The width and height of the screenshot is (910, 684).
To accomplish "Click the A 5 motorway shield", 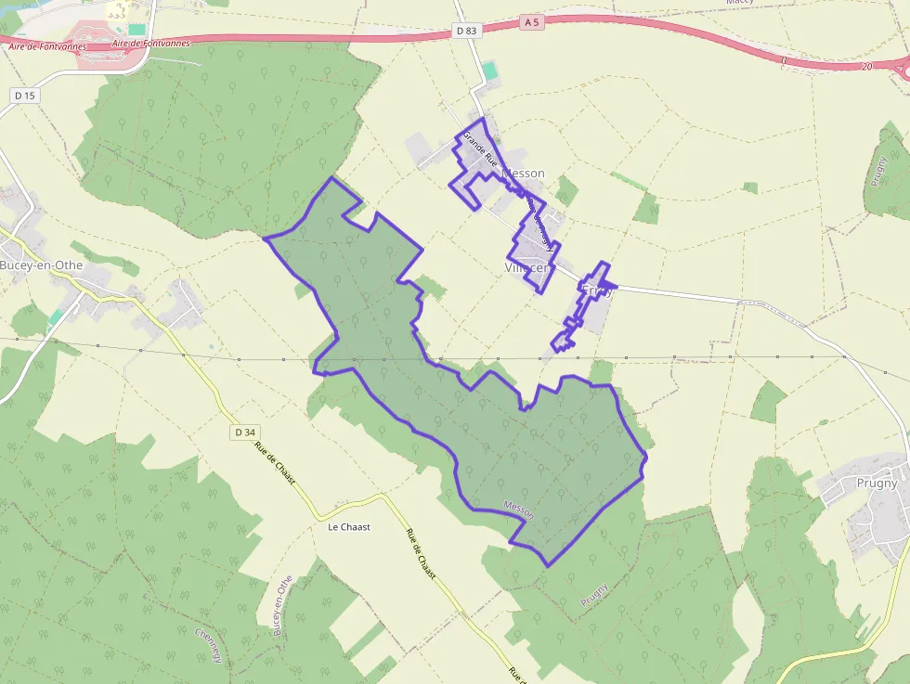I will [531, 21].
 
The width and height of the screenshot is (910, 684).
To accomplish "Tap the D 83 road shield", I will [466, 31].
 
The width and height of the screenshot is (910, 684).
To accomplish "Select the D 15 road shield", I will [24, 95].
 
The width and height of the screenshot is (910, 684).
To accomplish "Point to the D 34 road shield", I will [245, 432].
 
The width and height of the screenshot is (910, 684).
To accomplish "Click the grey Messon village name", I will [523, 174].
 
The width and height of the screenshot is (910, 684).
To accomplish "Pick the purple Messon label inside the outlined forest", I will [518, 509].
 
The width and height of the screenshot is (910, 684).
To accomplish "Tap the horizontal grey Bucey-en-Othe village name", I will [42, 265].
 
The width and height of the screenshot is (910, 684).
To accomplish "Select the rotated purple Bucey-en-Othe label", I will [282, 603].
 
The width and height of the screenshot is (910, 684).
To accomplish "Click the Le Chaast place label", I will [349, 526].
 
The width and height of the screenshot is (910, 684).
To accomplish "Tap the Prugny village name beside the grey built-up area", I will [877, 483].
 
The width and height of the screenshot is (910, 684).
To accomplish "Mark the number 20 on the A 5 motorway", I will [866, 67].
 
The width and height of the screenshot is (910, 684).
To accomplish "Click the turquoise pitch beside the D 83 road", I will [489, 71].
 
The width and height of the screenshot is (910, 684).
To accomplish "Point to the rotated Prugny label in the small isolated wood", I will [877, 172].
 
